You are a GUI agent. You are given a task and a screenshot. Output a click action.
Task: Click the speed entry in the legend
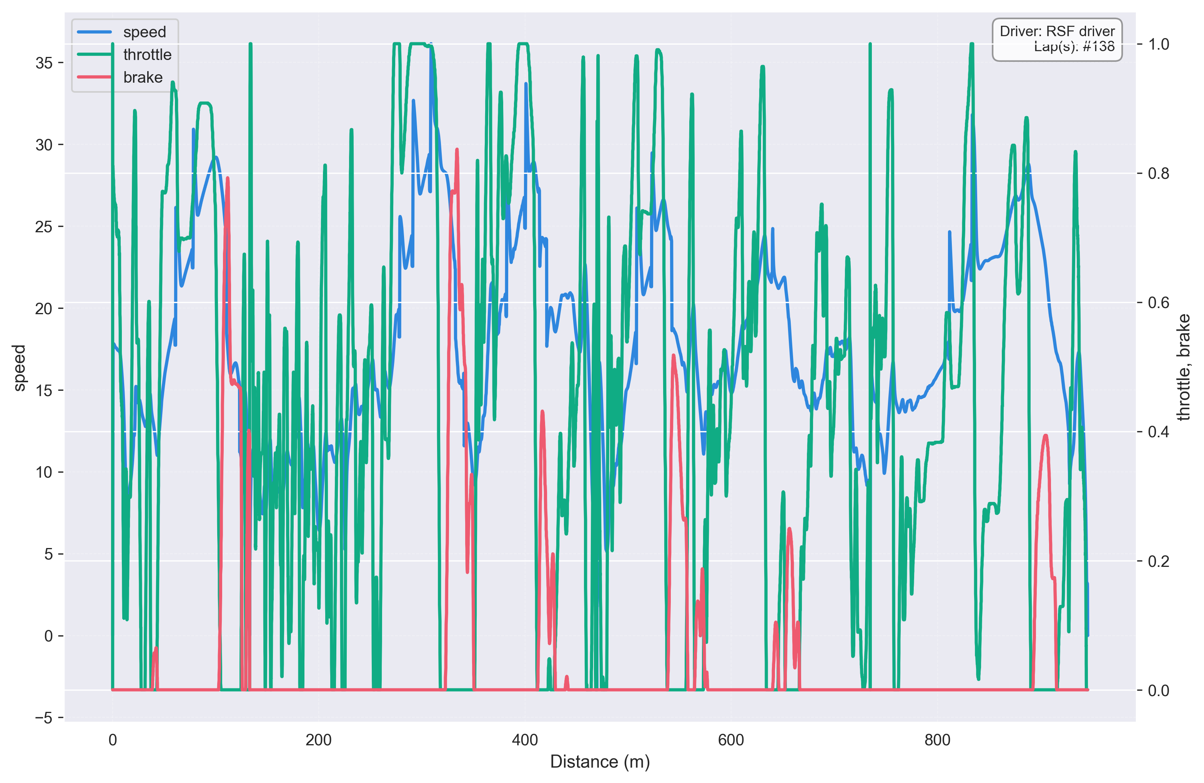(x=144, y=32)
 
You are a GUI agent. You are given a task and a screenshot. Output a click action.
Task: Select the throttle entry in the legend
(x=147, y=55)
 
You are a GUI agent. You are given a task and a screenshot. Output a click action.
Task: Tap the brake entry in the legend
(x=143, y=77)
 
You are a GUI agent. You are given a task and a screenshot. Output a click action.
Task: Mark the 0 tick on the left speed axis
(x=48, y=636)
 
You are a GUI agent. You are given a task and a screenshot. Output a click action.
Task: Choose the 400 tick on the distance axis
(x=525, y=740)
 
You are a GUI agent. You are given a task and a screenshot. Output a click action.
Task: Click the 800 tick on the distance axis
(x=937, y=740)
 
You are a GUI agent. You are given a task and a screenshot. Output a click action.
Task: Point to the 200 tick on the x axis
(x=318, y=740)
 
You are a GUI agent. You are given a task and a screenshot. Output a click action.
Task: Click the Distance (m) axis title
(x=600, y=762)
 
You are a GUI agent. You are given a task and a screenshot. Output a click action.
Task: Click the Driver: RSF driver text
(x=1057, y=32)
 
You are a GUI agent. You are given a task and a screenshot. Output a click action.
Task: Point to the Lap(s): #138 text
(x=1073, y=47)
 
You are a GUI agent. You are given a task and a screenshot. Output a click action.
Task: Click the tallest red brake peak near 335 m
(x=457, y=150)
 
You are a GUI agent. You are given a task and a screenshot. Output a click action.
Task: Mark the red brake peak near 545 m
(x=674, y=356)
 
